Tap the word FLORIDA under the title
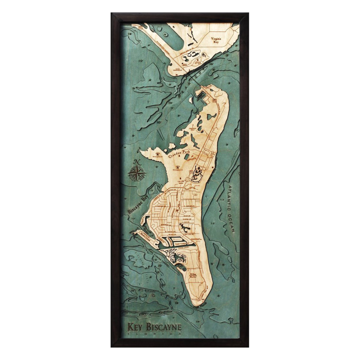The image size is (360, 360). (154, 333)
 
